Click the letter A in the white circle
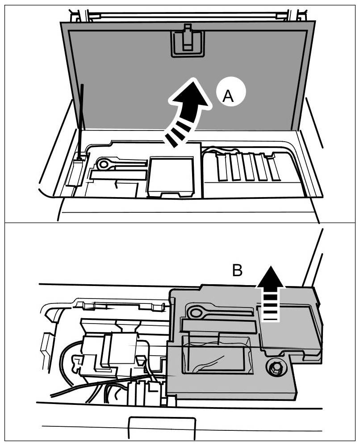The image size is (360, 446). (228, 95)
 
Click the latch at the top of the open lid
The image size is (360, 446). (187, 40)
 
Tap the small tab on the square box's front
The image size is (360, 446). (172, 194)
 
